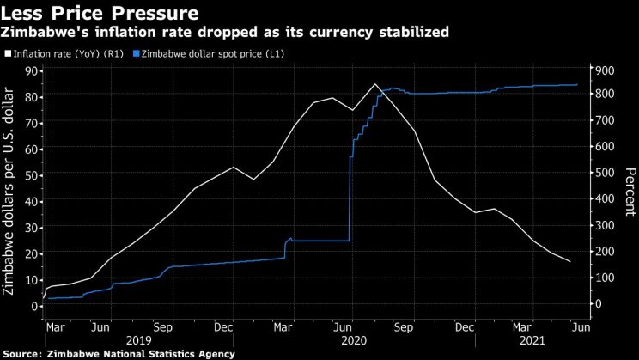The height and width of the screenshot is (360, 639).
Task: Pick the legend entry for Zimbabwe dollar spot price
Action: (x=218, y=54)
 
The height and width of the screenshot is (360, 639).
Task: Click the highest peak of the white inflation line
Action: (x=374, y=84)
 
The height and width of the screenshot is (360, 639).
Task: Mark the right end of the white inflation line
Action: (x=570, y=261)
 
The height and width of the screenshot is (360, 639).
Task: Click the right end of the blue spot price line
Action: (x=576, y=85)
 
